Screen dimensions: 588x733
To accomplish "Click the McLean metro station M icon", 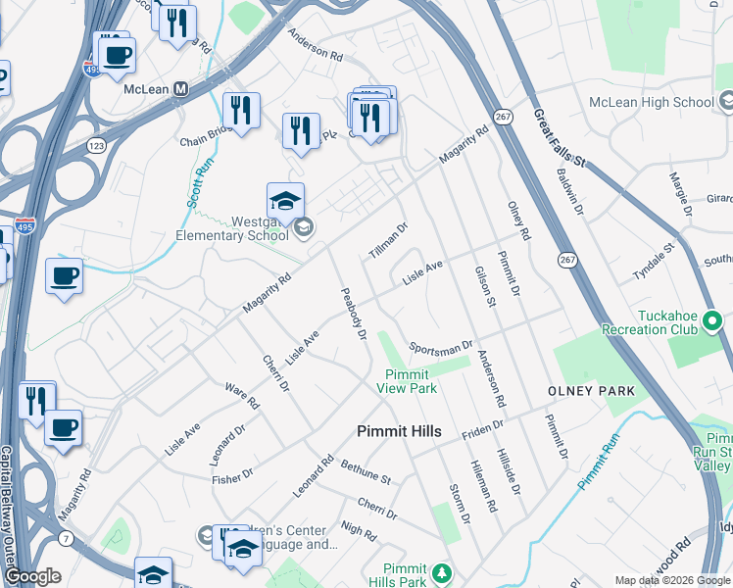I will coord(180,89).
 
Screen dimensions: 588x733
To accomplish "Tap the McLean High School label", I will coord(651,102).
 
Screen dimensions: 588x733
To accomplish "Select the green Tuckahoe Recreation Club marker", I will coord(714,319).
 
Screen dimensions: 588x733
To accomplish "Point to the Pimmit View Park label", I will coord(407,381).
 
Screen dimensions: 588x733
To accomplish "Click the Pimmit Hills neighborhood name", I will coord(399,431).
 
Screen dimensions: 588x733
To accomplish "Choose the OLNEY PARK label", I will coord(591,391).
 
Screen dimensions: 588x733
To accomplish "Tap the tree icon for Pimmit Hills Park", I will coord(442,572).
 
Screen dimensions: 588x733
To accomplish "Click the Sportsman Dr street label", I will coord(441,347).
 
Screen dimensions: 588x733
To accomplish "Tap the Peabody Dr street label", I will coord(353,314).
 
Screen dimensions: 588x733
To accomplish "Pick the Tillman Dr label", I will coord(388,241).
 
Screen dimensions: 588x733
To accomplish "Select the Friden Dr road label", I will coord(482,427).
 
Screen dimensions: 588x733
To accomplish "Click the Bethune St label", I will coord(366,474).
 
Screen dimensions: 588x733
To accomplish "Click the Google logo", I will coord(32,576).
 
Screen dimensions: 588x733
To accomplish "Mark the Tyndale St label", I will coord(655,264).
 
